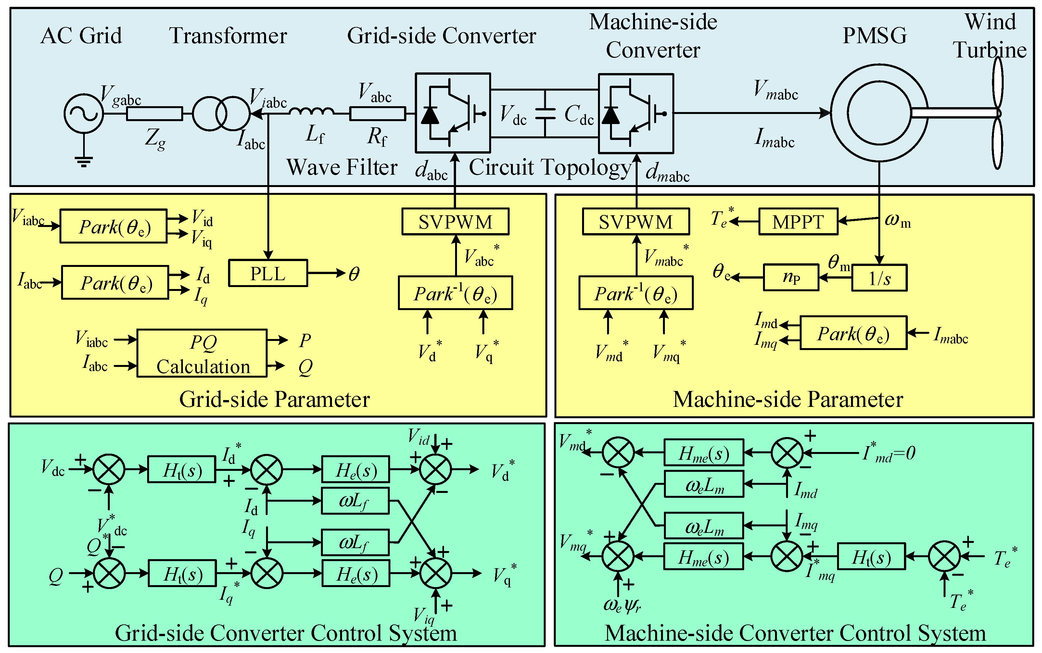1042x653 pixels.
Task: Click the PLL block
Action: tap(268, 273)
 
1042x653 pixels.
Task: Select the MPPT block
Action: tap(798, 222)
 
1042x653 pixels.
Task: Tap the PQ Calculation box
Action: tap(202, 354)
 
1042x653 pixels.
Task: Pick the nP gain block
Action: tap(791, 278)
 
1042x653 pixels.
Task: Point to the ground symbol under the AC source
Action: tap(83, 162)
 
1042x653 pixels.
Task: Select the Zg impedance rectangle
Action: tap(154, 114)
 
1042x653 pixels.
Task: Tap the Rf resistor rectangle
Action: tap(377, 114)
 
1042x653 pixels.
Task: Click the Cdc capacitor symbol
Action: tap(545, 114)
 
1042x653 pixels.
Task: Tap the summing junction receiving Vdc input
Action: tap(109, 470)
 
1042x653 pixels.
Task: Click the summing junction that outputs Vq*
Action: tap(436, 573)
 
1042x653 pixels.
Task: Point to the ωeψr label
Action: tap(622, 606)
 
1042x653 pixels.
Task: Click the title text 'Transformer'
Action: tap(228, 36)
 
